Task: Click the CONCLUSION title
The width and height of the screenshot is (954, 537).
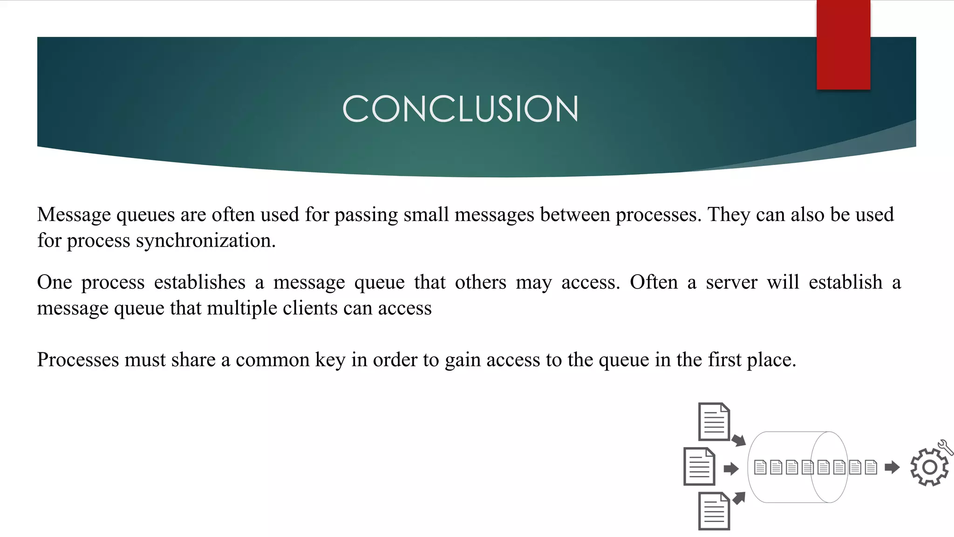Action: pos(460,109)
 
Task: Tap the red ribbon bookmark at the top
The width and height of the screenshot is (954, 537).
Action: pos(843,45)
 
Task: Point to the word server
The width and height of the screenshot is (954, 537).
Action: pos(731,282)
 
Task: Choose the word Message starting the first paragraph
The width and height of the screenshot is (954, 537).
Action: pos(74,214)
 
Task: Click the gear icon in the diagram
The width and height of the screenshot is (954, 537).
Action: pos(929,467)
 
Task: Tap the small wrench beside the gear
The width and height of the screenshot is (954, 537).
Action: pos(946,447)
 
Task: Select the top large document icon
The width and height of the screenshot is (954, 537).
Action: pos(714,422)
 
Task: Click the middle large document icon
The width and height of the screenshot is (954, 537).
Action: pos(699,467)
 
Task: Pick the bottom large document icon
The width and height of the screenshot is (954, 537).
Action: pos(714,511)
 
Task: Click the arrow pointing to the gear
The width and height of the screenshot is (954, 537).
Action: pos(892,467)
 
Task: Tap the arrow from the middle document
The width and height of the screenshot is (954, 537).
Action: pos(731,468)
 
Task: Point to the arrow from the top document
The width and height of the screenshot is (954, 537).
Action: pos(738,440)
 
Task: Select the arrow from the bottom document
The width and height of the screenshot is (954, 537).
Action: pos(739,498)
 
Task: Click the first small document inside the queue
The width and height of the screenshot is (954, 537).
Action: pos(760,467)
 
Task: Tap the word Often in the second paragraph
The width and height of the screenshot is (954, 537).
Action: pos(654,282)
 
